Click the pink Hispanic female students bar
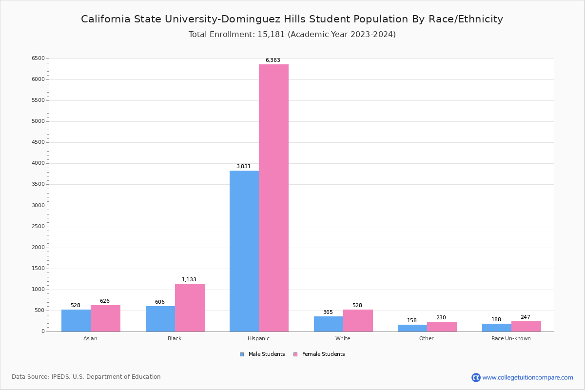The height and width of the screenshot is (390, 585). coord(273,198)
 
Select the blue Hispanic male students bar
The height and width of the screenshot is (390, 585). coord(244,251)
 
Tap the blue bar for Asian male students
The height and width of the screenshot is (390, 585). coord(76,320)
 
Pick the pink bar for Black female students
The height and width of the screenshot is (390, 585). coord(190,308)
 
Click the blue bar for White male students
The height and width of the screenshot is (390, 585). coord(329,324)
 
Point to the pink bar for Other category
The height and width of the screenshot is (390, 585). coord(442,327)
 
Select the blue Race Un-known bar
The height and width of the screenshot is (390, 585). coord(497,328)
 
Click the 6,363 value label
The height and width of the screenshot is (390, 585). coord(273,60)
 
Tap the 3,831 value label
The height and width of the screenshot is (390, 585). coord(244,167)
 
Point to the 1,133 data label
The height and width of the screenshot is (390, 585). coord(189,280)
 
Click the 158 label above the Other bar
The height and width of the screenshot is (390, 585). coord(412,321)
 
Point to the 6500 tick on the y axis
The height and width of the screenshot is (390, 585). coord(38,58)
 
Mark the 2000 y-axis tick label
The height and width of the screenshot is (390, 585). coord(38,248)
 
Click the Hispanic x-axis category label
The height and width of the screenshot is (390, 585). coord(258,338)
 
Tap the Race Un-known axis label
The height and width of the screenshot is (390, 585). coord(511,338)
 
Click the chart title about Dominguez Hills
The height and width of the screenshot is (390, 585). coord(292,19)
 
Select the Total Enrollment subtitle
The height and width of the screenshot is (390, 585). coord(292,35)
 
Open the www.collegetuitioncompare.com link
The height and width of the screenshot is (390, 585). coord(527,377)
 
